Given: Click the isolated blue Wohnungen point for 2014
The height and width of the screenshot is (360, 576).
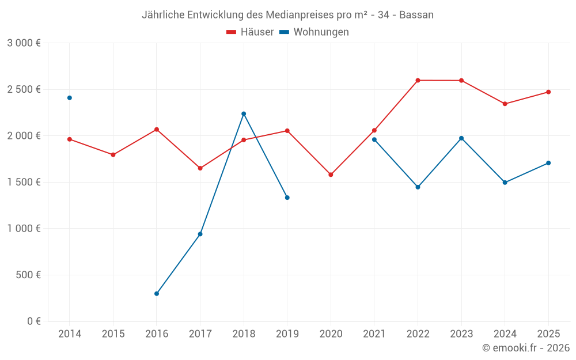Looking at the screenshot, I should [70, 98].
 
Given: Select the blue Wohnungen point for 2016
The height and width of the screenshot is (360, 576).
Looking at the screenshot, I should [157, 294].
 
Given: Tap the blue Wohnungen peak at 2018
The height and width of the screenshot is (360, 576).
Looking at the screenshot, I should [244, 113].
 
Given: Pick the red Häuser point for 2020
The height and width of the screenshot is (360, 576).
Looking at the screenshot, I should [331, 175].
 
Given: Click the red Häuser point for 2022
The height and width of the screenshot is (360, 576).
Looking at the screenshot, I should [418, 81].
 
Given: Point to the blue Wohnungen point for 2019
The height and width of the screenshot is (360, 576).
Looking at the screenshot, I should [287, 198].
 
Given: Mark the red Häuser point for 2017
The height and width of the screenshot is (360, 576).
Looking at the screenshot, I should [200, 168].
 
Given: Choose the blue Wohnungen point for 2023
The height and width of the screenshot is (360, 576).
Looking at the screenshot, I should [461, 138].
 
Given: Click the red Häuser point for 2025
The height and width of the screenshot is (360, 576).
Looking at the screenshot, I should [548, 92].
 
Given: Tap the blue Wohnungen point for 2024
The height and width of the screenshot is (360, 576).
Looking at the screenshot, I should [505, 183].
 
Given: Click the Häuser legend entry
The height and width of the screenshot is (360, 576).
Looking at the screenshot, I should [251, 32].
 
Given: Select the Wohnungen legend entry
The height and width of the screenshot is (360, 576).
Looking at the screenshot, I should [314, 32].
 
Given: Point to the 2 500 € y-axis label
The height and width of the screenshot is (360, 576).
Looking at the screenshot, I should [24, 89].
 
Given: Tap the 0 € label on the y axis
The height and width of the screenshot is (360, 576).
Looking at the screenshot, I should [33, 321].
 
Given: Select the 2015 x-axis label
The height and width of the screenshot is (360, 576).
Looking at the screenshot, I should [113, 334].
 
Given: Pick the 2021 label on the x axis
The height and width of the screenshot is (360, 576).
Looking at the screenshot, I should [374, 334].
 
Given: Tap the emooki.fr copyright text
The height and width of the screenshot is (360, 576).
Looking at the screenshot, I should [526, 348].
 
